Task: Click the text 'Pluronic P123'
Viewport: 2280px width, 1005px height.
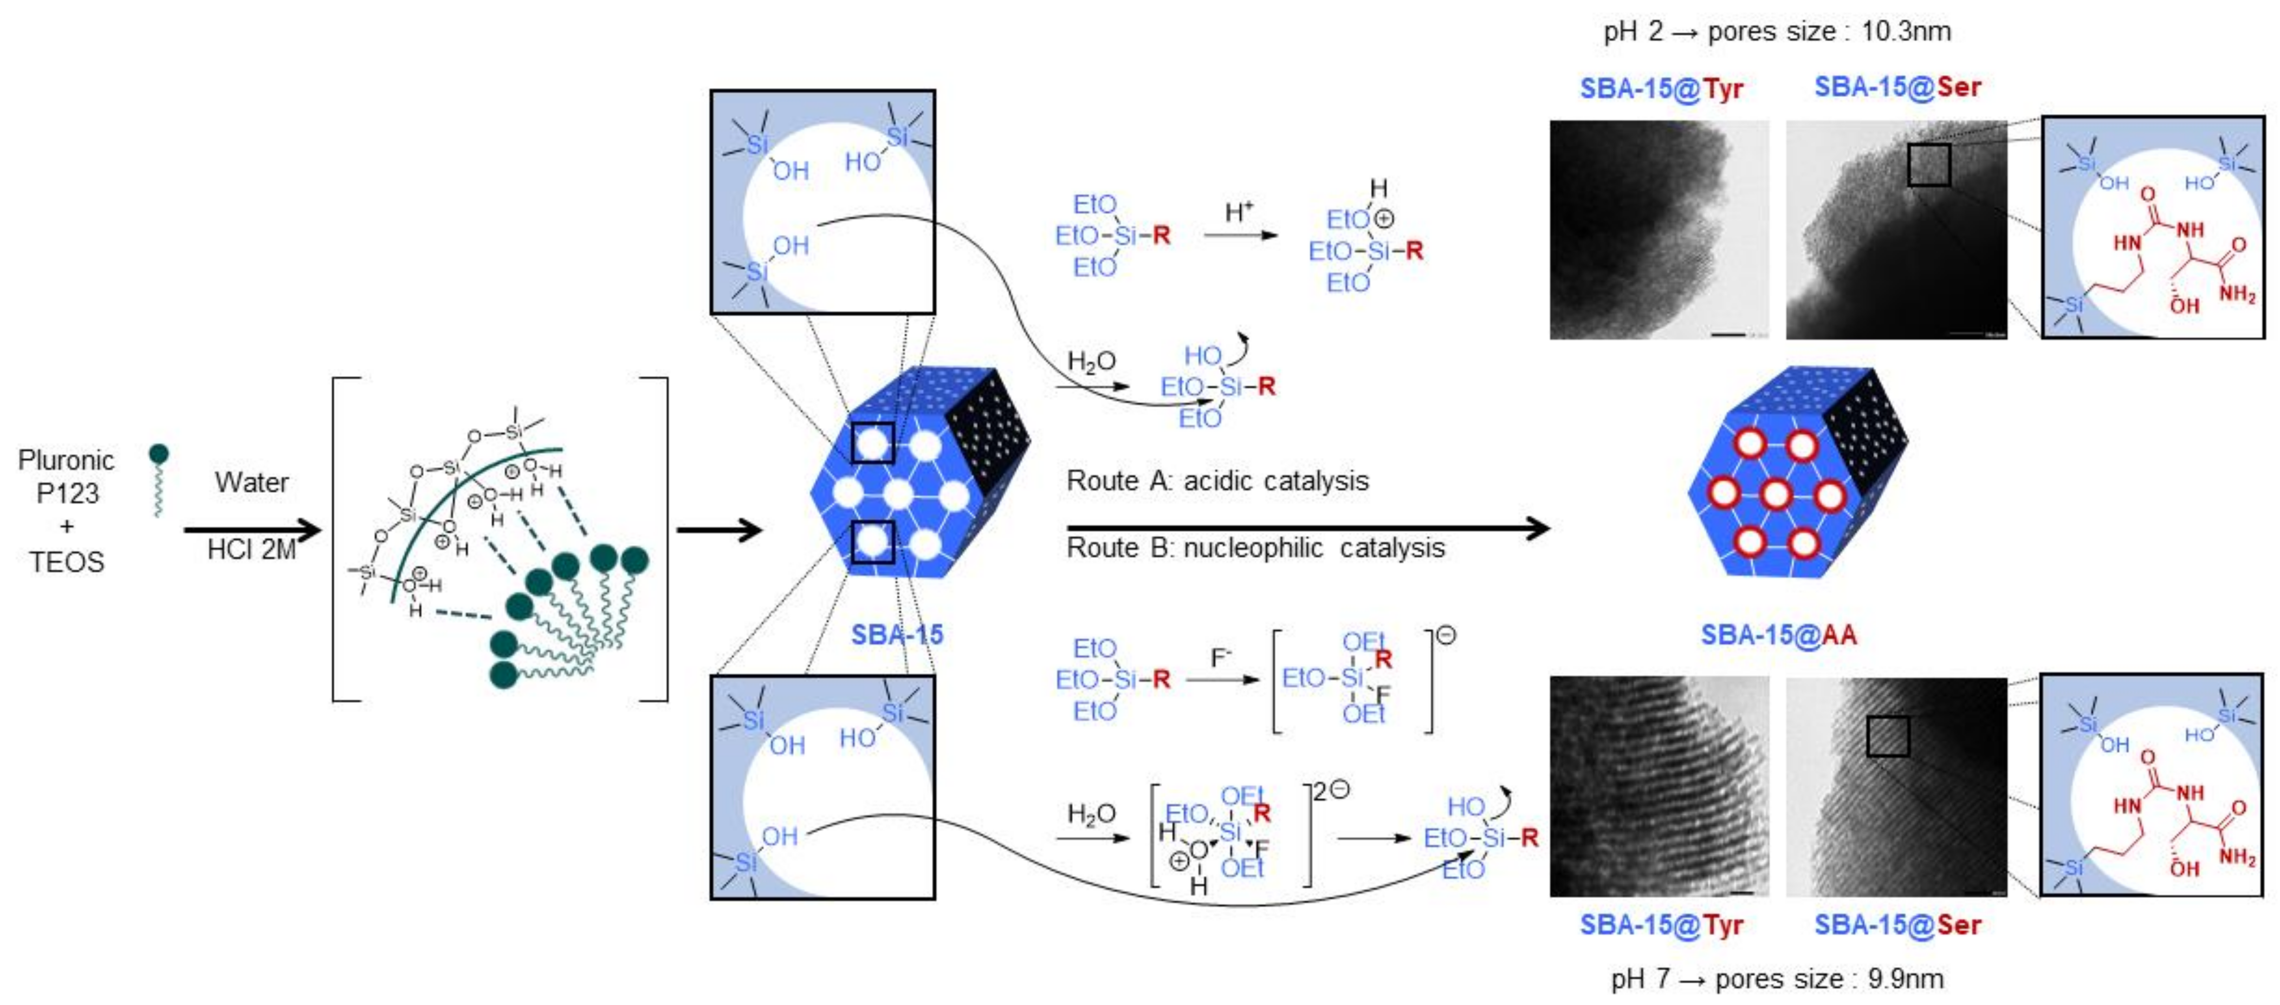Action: tap(67, 476)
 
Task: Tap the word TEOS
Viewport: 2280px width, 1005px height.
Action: tap(67, 562)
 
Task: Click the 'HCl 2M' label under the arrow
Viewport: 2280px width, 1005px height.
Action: tap(251, 550)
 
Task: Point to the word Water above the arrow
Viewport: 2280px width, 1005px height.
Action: tap(251, 482)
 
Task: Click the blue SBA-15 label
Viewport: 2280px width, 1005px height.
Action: tap(897, 634)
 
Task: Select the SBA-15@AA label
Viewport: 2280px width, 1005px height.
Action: tap(1778, 634)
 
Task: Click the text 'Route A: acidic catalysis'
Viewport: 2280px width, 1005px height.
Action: tap(1217, 480)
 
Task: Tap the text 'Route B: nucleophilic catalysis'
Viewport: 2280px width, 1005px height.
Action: tap(1255, 547)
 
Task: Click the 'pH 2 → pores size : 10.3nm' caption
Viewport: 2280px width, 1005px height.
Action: tap(1777, 31)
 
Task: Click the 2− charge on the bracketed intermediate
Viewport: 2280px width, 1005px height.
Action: tap(1330, 790)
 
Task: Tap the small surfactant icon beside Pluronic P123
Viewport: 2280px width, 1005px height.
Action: tap(158, 478)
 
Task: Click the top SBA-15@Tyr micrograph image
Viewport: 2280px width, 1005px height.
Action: tap(1659, 230)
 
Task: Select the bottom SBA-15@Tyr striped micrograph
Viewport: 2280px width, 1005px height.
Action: tap(1659, 786)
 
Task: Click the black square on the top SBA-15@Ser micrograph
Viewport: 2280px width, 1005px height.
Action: tap(1928, 165)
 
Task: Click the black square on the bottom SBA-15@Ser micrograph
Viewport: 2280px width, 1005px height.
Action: tap(1887, 736)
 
